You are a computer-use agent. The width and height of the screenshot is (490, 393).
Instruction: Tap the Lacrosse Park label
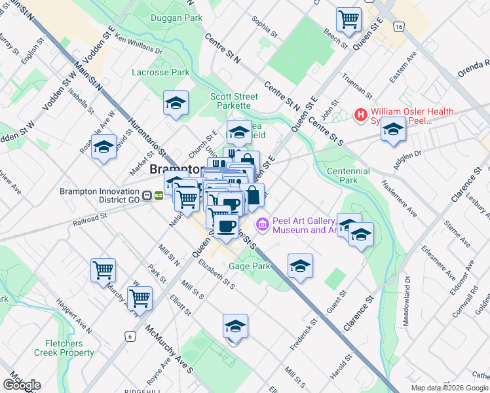tap(160, 72)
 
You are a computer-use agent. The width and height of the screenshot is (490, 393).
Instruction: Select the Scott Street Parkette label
tap(230, 101)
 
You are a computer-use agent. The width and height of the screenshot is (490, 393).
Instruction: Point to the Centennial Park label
tap(348, 176)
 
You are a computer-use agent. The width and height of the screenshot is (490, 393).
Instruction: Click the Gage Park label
tap(250, 267)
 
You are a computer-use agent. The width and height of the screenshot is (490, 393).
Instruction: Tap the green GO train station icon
tap(159, 195)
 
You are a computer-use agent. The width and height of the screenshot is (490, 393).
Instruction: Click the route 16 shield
tap(398, 27)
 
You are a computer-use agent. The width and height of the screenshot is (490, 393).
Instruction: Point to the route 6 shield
tap(130, 336)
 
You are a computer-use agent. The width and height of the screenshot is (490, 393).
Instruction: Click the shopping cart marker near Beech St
tap(349, 19)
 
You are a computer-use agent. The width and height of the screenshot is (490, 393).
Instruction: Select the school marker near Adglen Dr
tap(393, 130)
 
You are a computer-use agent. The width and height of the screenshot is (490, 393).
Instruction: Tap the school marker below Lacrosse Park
tap(176, 103)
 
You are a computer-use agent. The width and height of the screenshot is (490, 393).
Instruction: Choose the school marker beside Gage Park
tap(300, 265)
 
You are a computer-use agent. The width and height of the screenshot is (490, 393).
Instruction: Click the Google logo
tap(22, 385)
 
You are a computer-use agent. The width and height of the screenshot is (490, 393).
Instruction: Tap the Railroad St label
tap(90, 218)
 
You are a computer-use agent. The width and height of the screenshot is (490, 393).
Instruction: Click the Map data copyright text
tap(449, 387)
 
